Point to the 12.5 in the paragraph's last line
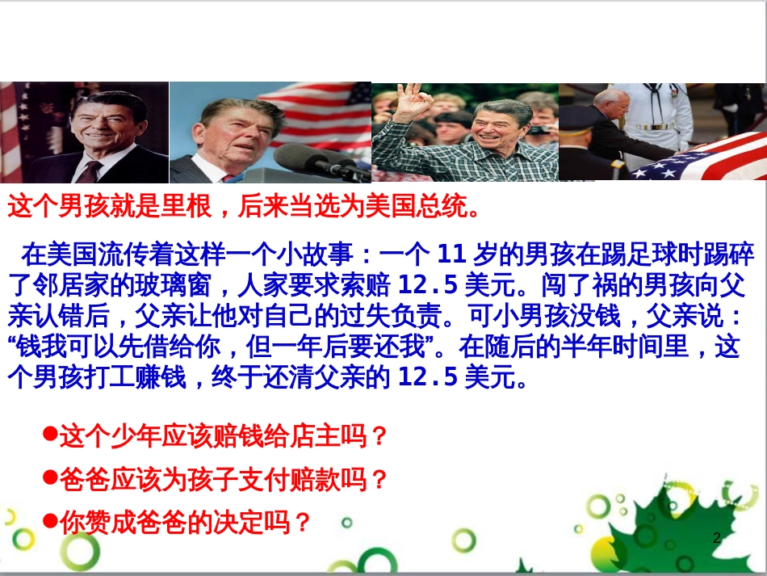[429, 377]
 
